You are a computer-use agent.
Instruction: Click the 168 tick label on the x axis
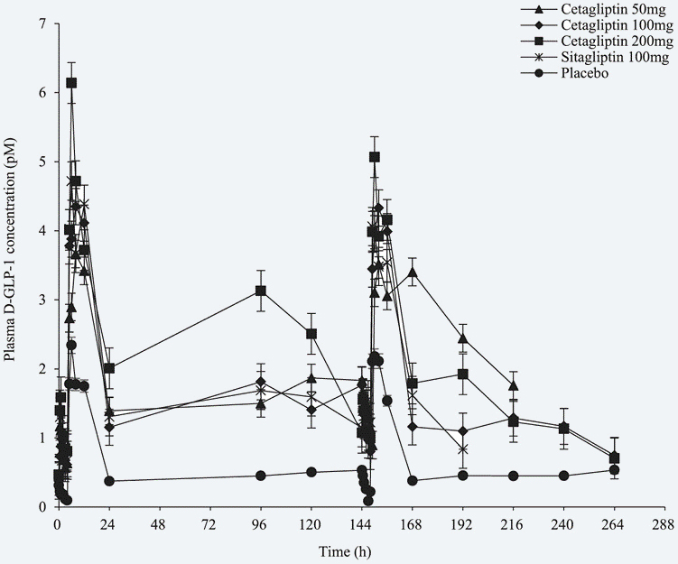[413, 523]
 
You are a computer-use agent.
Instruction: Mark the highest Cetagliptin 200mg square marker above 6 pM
[71, 82]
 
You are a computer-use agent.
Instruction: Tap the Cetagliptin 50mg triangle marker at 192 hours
[463, 338]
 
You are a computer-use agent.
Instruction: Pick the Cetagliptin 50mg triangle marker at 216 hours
[514, 385]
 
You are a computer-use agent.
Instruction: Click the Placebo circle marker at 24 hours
[109, 481]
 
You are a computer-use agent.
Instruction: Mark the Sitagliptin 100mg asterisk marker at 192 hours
[463, 448]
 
